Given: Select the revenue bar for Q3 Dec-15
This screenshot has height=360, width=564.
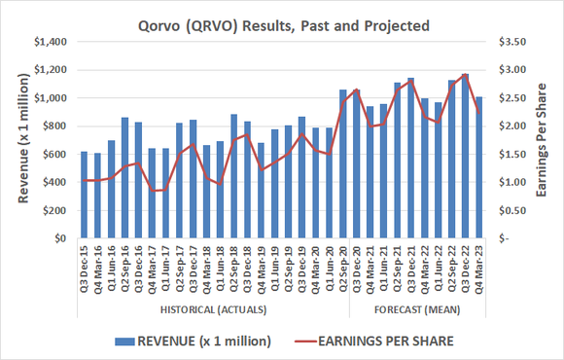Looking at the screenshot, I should pos(84,195).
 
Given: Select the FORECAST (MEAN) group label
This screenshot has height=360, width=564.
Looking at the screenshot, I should pos(417,309).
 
